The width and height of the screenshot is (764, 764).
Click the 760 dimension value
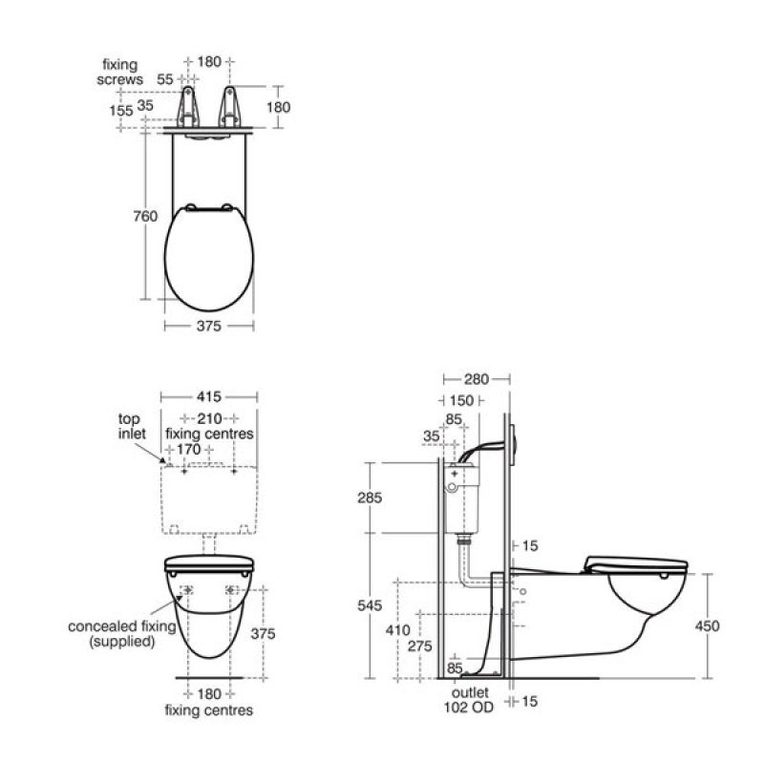[x=145, y=216]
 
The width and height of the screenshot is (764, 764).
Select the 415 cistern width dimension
[x=209, y=396]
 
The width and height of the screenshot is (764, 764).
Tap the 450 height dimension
[x=707, y=626]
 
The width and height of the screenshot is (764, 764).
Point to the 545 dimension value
[x=370, y=605]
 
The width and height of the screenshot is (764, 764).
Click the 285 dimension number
[x=370, y=498]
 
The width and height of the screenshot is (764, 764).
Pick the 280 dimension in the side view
[x=476, y=379]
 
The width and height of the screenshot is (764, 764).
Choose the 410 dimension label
[x=397, y=630]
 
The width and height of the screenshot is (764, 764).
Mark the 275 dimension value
[x=420, y=647]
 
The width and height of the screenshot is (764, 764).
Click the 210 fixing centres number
[x=209, y=418]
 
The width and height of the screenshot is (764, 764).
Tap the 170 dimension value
[x=188, y=449]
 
